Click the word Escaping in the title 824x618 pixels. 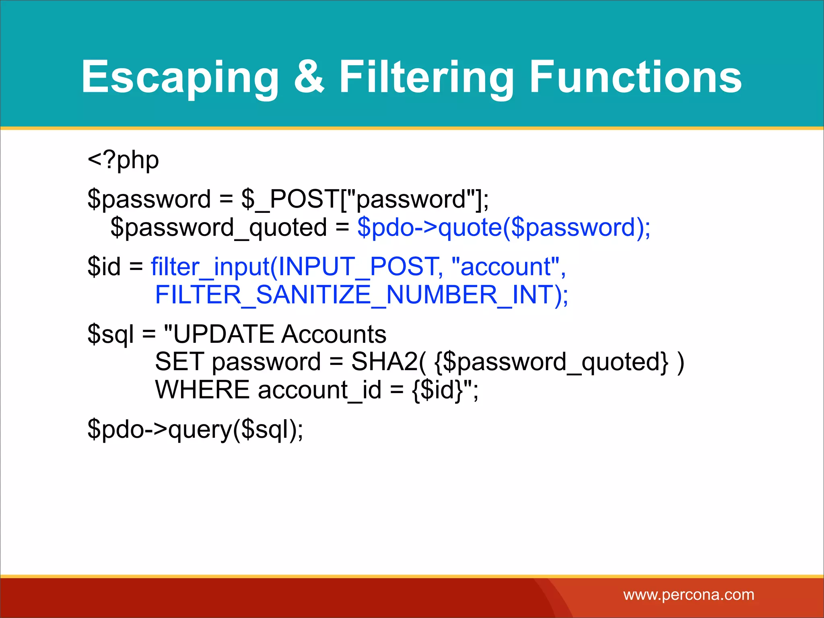tap(180, 77)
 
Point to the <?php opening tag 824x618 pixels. tap(123, 161)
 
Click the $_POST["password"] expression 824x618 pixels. tap(365, 199)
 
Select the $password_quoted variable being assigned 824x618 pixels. tap(218, 228)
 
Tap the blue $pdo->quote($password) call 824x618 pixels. tap(503, 228)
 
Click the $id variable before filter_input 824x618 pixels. tap(104, 267)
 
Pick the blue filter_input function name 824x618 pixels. tap(210, 267)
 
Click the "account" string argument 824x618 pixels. tap(505, 267)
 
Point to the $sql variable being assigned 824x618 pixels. tap(110, 335)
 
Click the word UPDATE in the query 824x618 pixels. tap(224, 334)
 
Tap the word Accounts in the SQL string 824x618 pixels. tap(334, 334)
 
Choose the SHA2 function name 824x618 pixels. tap(384, 362)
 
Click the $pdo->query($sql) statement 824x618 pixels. tap(195, 429)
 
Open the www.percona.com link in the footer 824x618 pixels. tap(688, 595)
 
